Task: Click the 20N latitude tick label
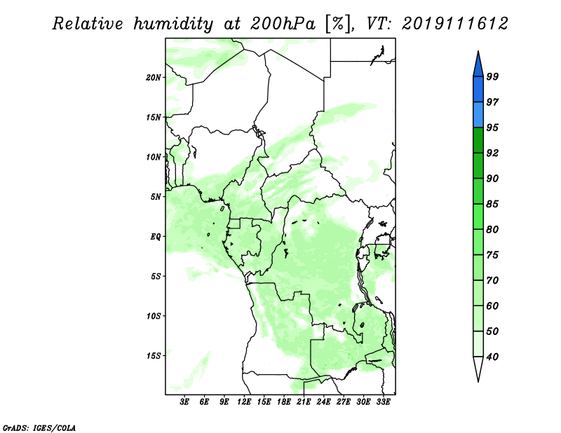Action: point(154,78)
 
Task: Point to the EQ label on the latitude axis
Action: point(156,237)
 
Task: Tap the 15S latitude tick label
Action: point(154,356)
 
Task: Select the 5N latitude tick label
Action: point(156,197)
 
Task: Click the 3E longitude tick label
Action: point(184,401)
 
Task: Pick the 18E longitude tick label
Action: point(284,401)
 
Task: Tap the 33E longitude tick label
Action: point(383,401)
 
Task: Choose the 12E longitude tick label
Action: point(244,401)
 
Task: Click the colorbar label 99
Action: point(493,76)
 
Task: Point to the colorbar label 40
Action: point(493,357)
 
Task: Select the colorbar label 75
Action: point(493,254)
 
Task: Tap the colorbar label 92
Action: point(493,153)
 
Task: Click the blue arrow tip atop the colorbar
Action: point(478,51)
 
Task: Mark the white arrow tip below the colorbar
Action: point(478,381)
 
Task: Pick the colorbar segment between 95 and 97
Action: point(478,115)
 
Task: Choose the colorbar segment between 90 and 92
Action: point(478,165)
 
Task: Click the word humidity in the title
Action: point(173,24)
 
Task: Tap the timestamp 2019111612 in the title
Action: point(454,24)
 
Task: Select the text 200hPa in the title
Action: point(283,24)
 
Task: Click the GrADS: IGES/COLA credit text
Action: point(39,427)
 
